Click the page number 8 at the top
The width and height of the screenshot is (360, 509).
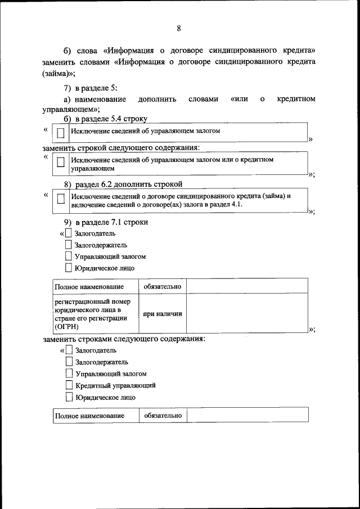coord(179,29)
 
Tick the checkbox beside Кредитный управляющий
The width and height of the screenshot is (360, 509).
coord(69,385)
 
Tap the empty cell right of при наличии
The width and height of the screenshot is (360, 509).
coord(247,314)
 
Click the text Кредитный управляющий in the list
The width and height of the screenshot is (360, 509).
coord(115,385)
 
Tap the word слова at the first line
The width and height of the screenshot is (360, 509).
coord(85,49)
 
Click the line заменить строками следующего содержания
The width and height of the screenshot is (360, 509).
coord(124,339)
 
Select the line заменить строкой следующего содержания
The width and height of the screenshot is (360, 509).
coord(121,148)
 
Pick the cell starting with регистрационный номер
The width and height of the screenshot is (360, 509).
coord(95,314)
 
